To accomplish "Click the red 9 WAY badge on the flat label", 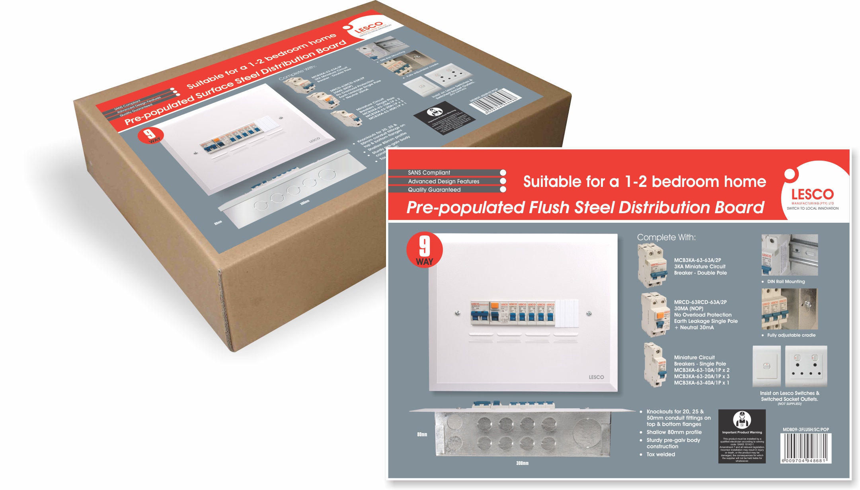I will coord(424,250).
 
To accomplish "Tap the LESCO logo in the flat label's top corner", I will coord(812,195).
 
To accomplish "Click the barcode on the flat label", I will coord(805,448).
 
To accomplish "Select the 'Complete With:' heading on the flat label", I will coord(666,237).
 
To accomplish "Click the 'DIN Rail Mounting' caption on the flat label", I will coord(786,282).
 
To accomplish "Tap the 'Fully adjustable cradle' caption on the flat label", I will coord(791,335).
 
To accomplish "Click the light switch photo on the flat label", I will coord(766,366).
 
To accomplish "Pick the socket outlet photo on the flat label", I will coord(806,366).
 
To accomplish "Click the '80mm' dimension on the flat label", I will coord(422,434).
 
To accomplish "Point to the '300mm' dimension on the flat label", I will coord(522,463).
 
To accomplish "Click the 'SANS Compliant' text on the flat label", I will coord(429,173).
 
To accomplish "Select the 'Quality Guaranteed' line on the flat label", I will coord(434,190).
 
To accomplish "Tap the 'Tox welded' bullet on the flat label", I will coord(661,455).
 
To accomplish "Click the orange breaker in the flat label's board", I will coord(494,306).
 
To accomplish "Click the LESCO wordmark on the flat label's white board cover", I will coord(596,377).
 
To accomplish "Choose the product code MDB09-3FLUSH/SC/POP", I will coord(805,430).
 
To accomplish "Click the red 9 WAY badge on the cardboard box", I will coord(150,135).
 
